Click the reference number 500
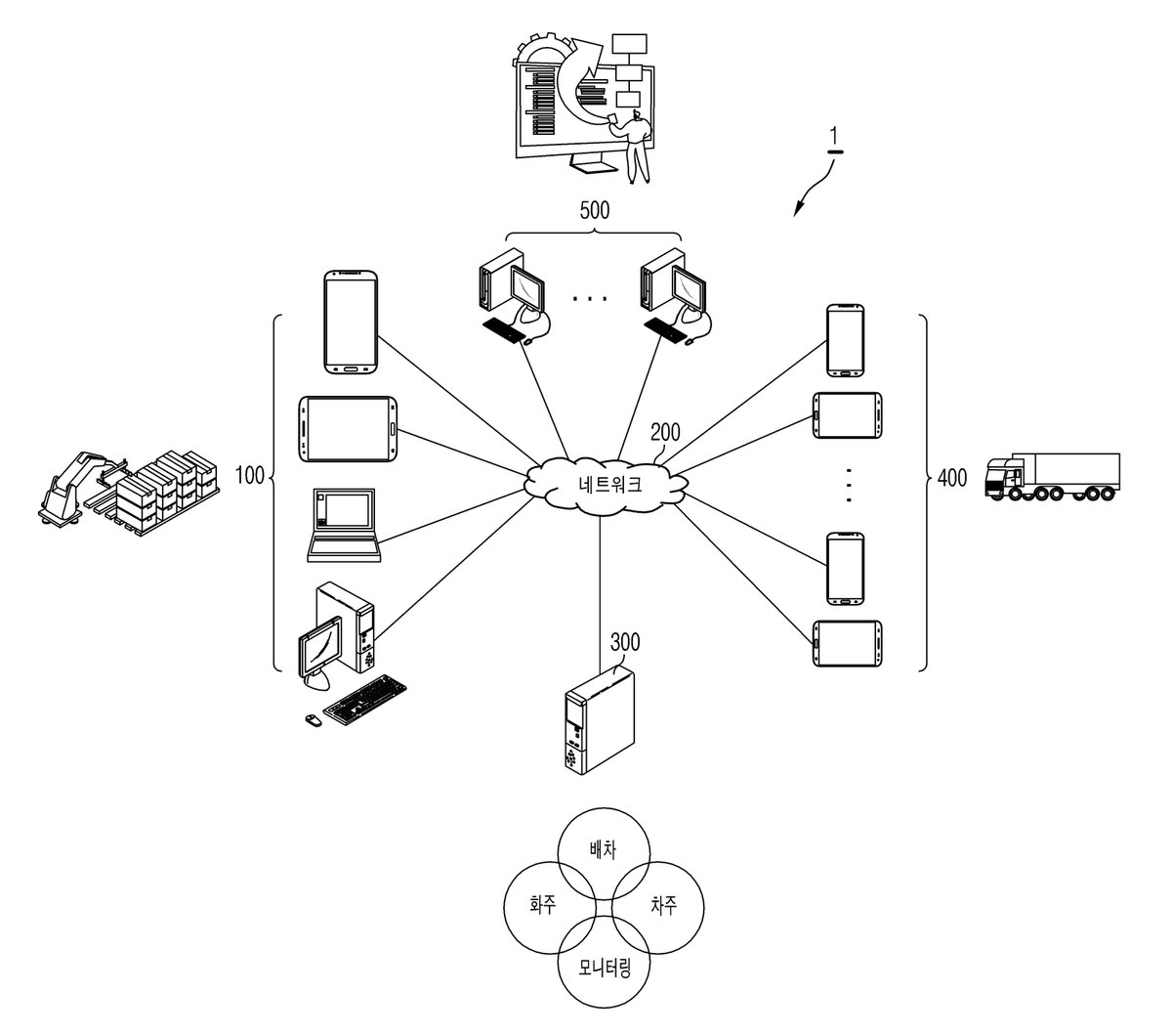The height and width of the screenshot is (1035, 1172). (x=594, y=210)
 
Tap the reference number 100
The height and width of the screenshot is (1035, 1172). (x=249, y=475)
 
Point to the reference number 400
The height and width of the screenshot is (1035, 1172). (x=951, y=478)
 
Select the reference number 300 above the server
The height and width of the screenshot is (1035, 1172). (x=625, y=642)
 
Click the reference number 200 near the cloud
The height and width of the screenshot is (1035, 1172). (x=665, y=432)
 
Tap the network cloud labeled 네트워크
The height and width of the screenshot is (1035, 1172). (x=606, y=484)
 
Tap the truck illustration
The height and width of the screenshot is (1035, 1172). (x=1052, y=476)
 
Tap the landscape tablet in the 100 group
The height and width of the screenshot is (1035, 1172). (x=348, y=429)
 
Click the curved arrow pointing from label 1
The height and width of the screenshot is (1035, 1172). (x=815, y=188)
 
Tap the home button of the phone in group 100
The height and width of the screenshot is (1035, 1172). (x=350, y=369)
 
